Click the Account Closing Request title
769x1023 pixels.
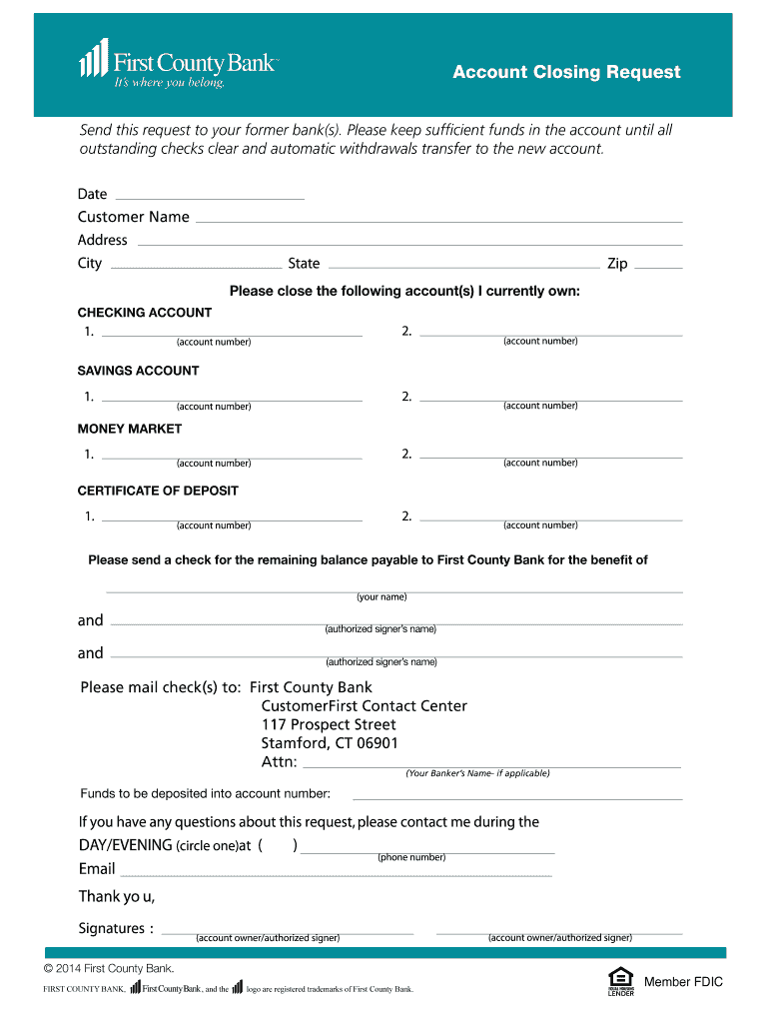pyautogui.click(x=565, y=72)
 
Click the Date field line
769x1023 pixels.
pyautogui.click(x=210, y=198)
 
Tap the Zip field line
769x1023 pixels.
pyautogui.click(x=659, y=268)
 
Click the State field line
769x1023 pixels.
pyautogui.click(x=463, y=268)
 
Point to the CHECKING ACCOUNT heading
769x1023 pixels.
pyautogui.click(x=145, y=313)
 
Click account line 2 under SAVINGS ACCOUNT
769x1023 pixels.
pyautogui.click(x=551, y=401)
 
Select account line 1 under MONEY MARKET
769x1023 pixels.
pyautogui.click(x=232, y=459)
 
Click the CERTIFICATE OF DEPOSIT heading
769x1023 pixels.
pyautogui.click(x=158, y=491)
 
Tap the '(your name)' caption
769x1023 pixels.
pyautogui.click(x=382, y=597)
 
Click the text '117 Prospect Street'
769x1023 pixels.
pyautogui.click(x=329, y=724)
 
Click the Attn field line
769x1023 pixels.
pyautogui.click(x=491, y=767)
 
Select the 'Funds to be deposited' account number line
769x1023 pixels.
pyautogui.click(x=517, y=799)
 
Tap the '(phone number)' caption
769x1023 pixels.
pyautogui.click(x=411, y=858)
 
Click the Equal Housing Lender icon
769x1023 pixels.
pyautogui.click(x=620, y=982)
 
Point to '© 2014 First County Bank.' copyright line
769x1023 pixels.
pyautogui.click(x=110, y=968)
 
